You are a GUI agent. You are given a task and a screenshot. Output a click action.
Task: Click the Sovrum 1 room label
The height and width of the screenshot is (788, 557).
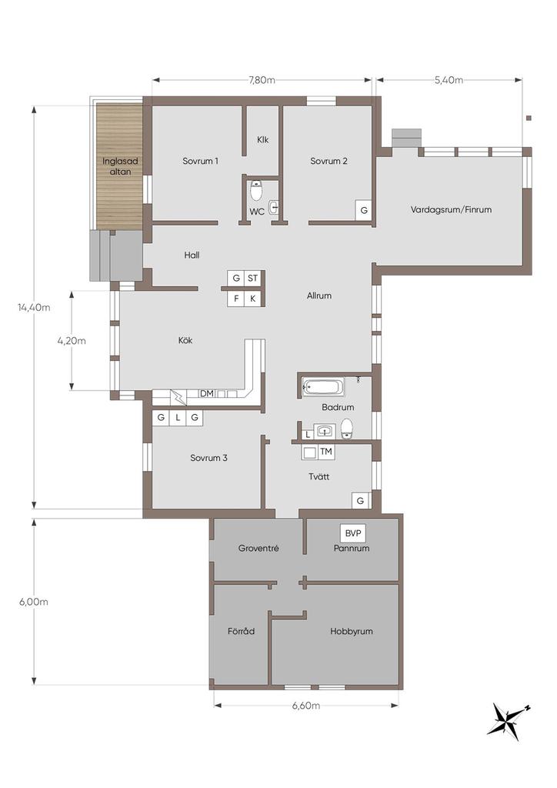click(x=200, y=162)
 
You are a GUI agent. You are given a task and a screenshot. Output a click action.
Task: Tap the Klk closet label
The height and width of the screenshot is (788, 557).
click(x=262, y=140)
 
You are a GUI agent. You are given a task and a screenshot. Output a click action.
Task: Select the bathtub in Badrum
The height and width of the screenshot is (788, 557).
click(x=323, y=388)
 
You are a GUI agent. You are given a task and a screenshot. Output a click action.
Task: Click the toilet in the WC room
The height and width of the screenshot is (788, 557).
click(x=257, y=191)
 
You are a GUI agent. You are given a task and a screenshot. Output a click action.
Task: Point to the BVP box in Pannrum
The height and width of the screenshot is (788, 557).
click(x=353, y=533)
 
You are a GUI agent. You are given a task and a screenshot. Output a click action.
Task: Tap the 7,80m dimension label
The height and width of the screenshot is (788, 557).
click(x=262, y=80)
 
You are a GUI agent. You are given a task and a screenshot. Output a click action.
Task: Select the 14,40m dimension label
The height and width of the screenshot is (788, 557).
click(x=34, y=308)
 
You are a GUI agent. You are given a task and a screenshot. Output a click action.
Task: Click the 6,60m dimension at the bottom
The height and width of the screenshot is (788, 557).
click(x=306, y=706)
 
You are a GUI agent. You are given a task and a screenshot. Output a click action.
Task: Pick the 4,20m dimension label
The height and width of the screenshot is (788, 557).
click(x=72, y=341)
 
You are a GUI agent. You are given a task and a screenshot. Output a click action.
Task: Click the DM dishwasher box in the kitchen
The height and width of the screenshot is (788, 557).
click(x=206, y=393)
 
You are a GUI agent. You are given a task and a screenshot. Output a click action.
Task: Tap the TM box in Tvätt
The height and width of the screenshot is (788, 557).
click(x=326, y=452)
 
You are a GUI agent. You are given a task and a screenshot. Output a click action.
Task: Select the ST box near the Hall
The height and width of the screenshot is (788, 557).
click(x=252, y=278)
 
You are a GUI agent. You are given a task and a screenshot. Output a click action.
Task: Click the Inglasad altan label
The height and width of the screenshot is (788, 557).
click(x=120, y=166)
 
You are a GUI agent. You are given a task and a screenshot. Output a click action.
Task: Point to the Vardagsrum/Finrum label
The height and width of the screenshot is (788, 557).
click(x=451, y=209)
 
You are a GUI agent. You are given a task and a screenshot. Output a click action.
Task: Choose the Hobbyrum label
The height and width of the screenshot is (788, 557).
click(x=352, y=631)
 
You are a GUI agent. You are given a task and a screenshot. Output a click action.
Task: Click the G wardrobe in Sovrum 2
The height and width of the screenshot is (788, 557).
click(x=364, y=211)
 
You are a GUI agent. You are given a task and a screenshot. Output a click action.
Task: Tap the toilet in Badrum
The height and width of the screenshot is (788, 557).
click(x=347, y=429)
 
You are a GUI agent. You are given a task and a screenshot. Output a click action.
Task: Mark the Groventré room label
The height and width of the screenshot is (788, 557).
click(x=258, y=548)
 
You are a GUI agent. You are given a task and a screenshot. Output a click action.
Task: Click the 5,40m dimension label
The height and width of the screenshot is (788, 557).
click(x=449, y=80)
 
